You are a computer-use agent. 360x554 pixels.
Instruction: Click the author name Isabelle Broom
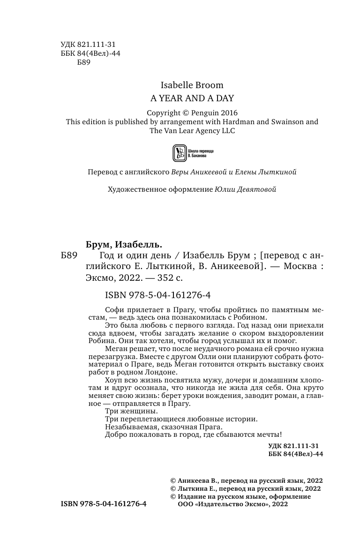click(192, 85)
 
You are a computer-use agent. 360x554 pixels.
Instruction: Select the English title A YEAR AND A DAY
click(192, 98)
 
